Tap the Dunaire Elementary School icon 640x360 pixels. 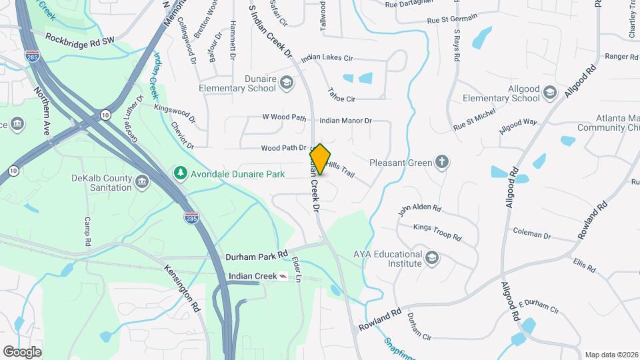(x=286, y=82)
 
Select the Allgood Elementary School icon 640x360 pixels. (x=549, y=92)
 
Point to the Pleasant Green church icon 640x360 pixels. (x=441, y=161)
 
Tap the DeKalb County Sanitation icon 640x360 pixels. (x=141, y=181)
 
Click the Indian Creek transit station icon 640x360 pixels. (x=284, y=276)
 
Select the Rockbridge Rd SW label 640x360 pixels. (x=80, y=39)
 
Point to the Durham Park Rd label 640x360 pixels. (x=256, y=254)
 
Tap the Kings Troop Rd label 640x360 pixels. (x=437, y=233)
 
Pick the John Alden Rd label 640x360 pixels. (x=420, y=210)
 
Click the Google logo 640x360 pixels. (x=22, y=351)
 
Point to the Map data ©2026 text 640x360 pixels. (x=611, y=354)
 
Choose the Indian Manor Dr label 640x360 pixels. (x=345, y=121)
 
